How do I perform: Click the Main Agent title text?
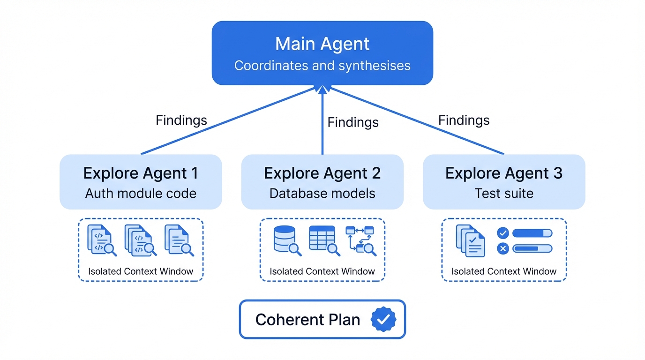point(322,44)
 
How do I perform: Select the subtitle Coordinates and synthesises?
point(322,66)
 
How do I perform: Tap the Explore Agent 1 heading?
point(141,173)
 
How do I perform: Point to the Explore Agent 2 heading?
point(322,173)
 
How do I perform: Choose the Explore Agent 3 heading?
point(504,173)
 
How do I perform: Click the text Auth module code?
point(141,193)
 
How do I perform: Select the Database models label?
point(322,193)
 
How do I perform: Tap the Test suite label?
point(504,193)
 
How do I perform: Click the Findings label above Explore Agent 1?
point(181,120)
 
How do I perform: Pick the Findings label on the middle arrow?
point(353,123)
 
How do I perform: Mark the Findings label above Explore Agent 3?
point(464,120)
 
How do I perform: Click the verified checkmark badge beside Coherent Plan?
point(383,320)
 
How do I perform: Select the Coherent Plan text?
point(307,320)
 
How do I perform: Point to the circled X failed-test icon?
point(502,249)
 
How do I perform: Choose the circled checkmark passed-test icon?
point(502,233)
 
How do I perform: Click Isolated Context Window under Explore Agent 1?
point(141,271)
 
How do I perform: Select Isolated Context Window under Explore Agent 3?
point(504,271)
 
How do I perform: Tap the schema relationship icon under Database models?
point(360,240)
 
